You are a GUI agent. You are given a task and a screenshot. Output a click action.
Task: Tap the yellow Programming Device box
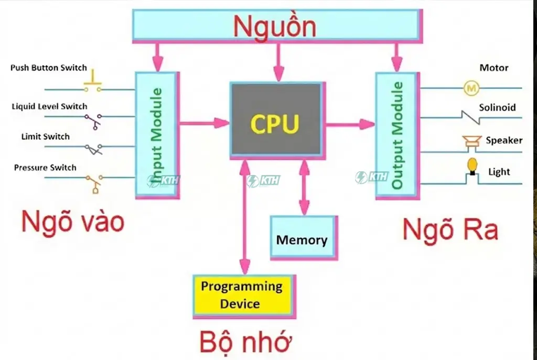click(x=243, y=295)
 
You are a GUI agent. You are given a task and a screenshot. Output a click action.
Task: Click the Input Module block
click(x=157, y=135)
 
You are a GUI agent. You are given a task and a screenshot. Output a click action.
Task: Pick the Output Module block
click(x=396, y=135)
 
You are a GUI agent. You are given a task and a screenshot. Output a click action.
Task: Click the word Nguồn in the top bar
click(x=275, y=26)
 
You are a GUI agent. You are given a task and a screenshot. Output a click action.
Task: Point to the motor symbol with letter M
click(x=470, y=88)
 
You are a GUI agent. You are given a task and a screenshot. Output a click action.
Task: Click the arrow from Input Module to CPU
click(x=205, y=123)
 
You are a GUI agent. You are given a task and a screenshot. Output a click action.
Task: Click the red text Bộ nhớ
click(x=245, y=342)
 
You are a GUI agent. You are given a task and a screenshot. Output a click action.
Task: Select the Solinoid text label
click(x=497, y=107)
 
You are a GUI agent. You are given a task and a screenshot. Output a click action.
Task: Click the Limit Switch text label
click(x=45, y=137)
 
